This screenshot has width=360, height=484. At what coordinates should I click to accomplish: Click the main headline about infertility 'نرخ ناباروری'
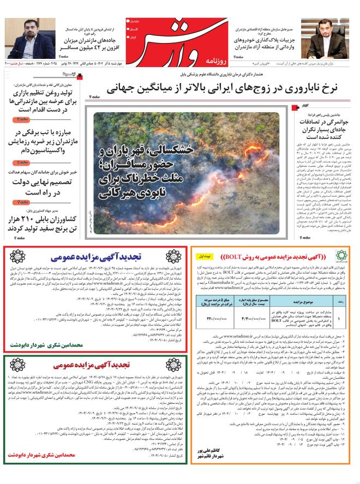(x=229, y=87)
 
